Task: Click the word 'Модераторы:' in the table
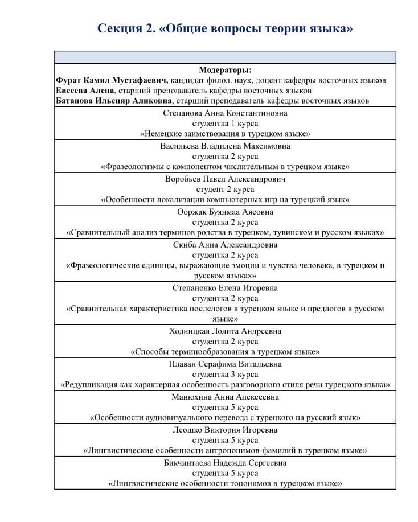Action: coord(225,70)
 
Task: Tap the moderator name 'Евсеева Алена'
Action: coord(85,91)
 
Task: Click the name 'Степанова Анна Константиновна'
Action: coord(225,113)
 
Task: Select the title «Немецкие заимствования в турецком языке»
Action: coord(225,134)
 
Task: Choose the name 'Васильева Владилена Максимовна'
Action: coord(225,146)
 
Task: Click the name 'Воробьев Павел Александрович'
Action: coord(225,179)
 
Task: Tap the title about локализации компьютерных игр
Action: coord(225,200)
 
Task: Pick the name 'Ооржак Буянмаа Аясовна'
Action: coord(225,212)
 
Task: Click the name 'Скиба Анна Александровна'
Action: coord(225,245)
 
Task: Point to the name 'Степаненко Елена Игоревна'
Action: coord(225,288)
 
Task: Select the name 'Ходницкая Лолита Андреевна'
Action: coord(225,331)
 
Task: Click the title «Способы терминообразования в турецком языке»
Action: coord(225,352)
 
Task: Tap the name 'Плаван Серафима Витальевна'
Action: coord(225,364)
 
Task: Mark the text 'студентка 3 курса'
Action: coord(225,375)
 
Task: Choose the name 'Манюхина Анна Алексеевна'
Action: coord(225,397)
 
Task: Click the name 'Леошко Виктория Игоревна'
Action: coord(225,430)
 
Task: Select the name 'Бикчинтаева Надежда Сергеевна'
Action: coord(225,463)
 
